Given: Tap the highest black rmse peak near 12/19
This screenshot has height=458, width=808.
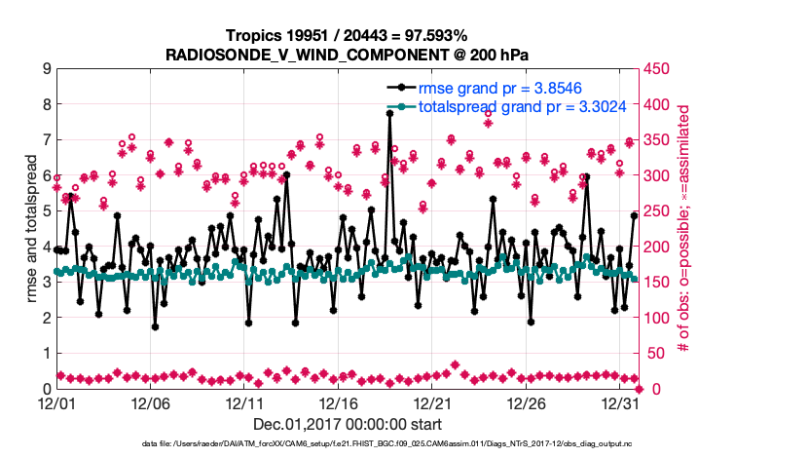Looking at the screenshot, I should point(389,113).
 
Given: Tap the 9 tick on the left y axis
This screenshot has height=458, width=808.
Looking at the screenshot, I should point(45,69).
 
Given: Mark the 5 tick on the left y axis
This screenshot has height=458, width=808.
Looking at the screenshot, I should point(45,211).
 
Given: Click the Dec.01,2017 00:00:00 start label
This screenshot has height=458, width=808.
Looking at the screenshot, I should point(348,424).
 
